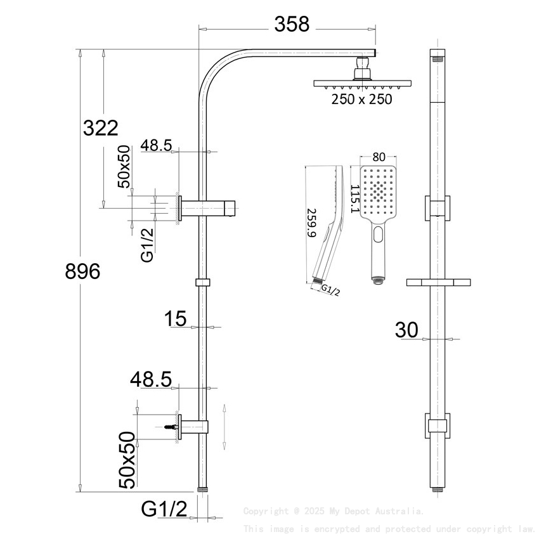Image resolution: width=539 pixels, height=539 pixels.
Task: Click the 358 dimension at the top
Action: (x=292, y=25)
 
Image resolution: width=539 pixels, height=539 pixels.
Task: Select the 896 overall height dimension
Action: (x=83, y=271)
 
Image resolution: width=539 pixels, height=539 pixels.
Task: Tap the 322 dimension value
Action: (x=101, y=128)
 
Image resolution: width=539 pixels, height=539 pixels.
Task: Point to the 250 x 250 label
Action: (x=362, y=99)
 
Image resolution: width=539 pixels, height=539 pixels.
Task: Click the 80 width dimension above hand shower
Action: (x=379, y=157)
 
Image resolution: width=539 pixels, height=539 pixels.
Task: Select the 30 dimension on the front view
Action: (x=406, y=330)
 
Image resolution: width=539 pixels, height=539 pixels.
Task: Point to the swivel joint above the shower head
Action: (x=363, y=66)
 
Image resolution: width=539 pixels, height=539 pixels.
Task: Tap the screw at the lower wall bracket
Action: (x=170, y=428)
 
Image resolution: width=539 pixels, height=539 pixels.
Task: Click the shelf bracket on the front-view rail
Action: (x=438, y=282)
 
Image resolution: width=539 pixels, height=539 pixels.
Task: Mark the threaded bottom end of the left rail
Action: (x=202, y=490)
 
